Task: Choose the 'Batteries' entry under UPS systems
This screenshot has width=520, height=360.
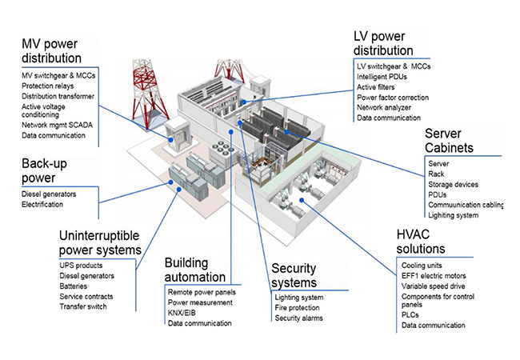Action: click(x=75, y=286)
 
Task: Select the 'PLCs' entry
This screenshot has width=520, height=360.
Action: click(x=412, y=315)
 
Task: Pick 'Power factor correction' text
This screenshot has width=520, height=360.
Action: click(x=398, y=97)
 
